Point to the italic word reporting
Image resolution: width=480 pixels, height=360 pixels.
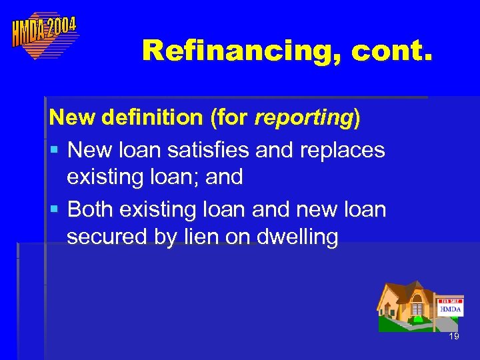(x=303, y=119)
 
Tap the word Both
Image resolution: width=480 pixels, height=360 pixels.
(x=91, y=209)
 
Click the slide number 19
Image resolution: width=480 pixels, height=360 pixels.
(x=454, y=337)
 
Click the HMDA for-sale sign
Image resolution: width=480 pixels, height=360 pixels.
(x=450, y=308)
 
